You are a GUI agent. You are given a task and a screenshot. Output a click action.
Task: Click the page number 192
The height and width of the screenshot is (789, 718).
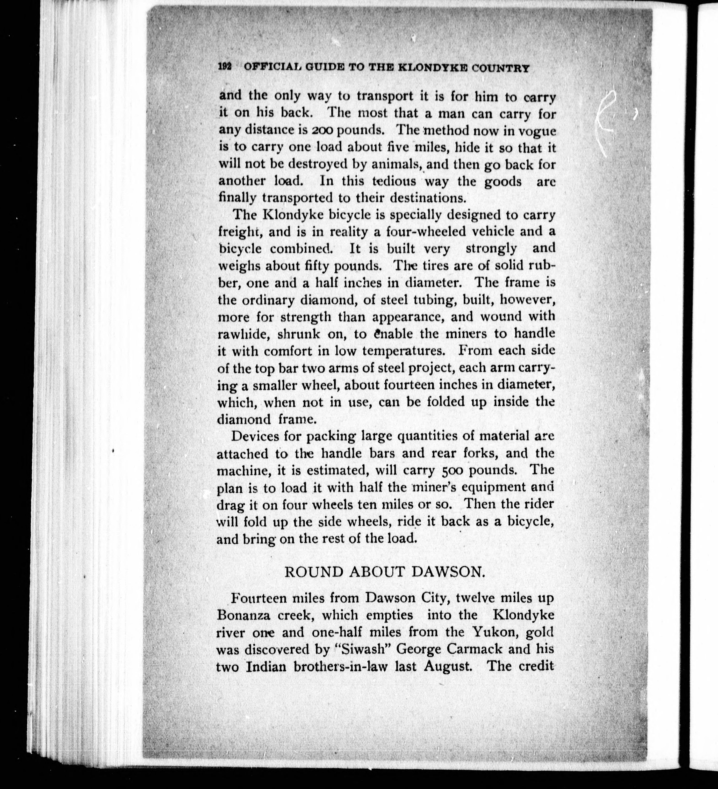click(x=225, y=67)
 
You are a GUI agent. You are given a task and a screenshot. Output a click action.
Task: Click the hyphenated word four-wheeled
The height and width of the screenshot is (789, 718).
click(x=427, y=232)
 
